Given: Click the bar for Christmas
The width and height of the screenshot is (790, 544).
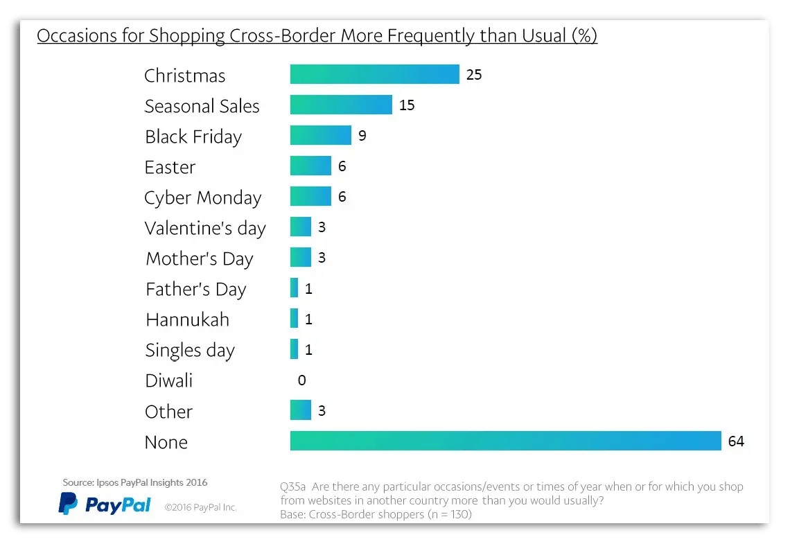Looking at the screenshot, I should tap(374, 74).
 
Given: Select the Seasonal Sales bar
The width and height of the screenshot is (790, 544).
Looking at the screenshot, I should tap(341, 105).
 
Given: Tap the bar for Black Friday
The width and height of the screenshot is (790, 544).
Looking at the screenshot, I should tap(320, 135).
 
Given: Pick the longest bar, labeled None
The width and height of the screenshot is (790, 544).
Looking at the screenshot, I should tap(506, 441).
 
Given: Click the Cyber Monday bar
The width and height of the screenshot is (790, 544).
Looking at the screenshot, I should tap(310, 196).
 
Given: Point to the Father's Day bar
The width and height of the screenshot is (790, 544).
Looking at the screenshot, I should tap(295, 288).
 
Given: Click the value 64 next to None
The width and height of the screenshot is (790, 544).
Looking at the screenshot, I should tap(736, 441).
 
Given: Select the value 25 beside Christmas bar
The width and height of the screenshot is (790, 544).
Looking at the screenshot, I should tap(474, 75).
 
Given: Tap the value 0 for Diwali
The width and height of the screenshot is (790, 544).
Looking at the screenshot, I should tap(301, 380).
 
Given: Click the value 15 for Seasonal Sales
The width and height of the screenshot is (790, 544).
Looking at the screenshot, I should tap(407, 105).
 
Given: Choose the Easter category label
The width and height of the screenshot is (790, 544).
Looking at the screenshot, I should tap(170, 167).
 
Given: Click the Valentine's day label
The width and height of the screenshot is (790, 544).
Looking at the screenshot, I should tap(205, 228).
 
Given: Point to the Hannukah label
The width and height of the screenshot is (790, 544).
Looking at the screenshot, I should tap(187, 319).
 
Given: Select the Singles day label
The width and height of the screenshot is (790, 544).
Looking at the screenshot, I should tap(190, 350).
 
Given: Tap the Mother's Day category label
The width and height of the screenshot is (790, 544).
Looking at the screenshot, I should tap(200, 258).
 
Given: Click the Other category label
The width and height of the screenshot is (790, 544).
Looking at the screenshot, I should tap(168, 412).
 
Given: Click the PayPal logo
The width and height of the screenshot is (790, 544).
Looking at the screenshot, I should tap(105, 504).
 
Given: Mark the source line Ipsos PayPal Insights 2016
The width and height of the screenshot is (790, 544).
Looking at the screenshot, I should tap(134, 482).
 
